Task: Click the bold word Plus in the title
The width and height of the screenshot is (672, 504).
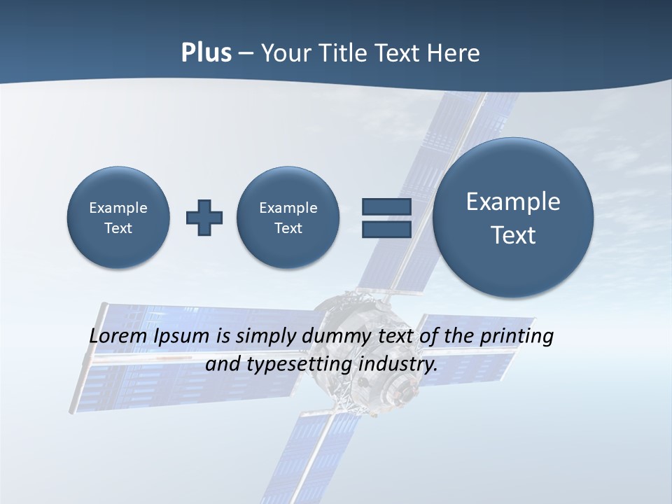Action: click(206, 53)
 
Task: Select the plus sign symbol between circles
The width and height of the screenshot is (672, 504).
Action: click(204, 218)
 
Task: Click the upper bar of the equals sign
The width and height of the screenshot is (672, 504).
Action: click(386, 206)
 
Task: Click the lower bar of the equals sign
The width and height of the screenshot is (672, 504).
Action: click(386, 230)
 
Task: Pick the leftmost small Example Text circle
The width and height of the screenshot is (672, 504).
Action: click(118, 218)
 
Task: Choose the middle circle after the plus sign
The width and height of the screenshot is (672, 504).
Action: click(288, 218)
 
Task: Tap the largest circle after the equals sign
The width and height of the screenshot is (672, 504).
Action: click(513, 218)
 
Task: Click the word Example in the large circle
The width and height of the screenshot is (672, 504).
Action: click(513, 202)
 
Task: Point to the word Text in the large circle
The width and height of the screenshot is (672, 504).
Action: click(513, 235)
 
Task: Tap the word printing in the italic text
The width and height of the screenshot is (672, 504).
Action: click(517, 336)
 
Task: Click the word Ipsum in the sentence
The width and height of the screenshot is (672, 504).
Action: click(182, 336)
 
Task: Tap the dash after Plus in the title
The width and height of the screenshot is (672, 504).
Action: click(246, 54)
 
